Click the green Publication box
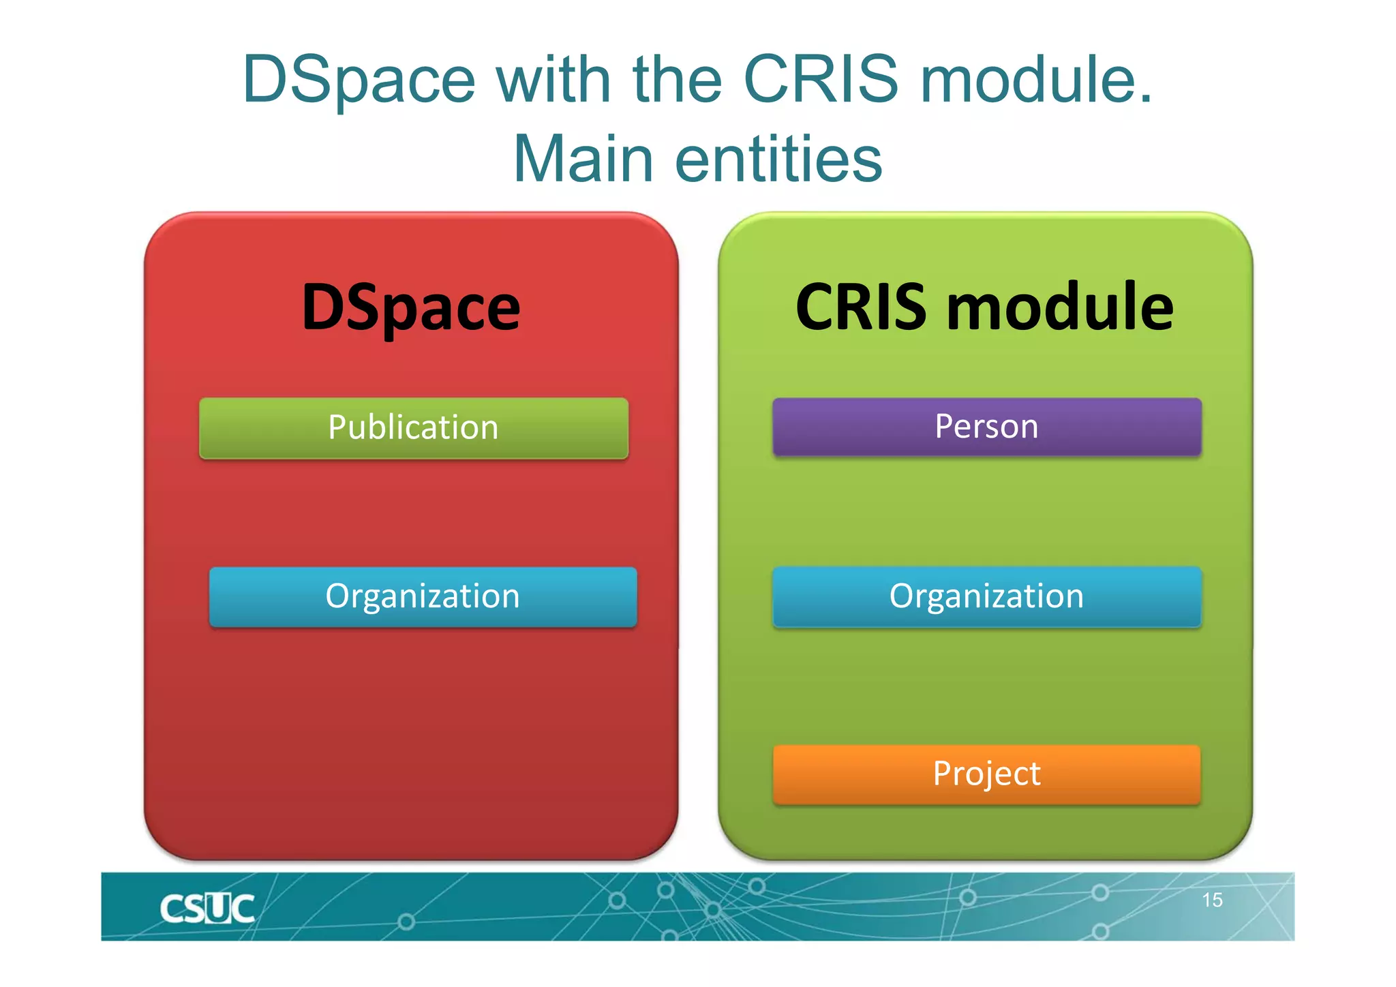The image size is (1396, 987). (413, 428)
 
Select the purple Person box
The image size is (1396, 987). (986, 427)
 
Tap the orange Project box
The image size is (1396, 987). (986, 774)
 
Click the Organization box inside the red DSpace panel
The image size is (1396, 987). (423, 596)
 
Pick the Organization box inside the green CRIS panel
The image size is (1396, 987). (986, 596)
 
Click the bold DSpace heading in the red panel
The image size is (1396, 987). (411, 308)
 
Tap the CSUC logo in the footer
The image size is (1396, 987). (207, 909)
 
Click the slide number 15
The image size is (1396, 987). (1212, 900)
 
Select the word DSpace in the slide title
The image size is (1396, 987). (359, 80)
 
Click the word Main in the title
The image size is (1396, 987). (583, 160)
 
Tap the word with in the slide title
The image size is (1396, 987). (552, 80)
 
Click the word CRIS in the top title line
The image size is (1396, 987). (821, 80)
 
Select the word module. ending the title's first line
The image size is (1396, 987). (1036, 80)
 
